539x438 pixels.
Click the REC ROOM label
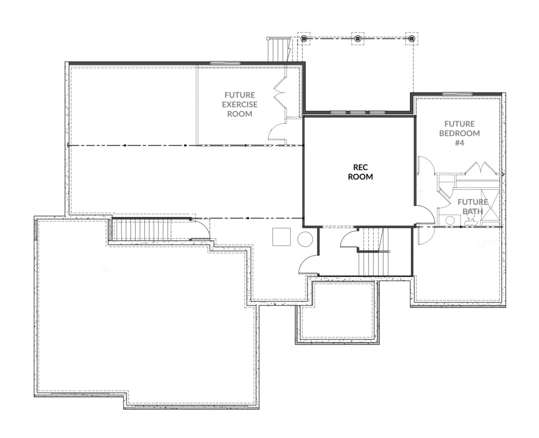(360, 172)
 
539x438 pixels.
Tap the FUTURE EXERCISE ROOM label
(240, 104)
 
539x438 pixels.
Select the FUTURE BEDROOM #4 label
(459, 133)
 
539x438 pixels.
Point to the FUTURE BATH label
(472, 207)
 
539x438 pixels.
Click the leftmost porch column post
(304, 39)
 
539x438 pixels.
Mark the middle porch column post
(357, 39)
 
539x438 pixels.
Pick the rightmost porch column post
(411, 39)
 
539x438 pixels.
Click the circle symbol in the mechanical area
(305, 239)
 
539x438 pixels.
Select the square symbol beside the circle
(281, 237)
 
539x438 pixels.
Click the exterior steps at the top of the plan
(278, 49)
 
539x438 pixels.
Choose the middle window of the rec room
(357, 112)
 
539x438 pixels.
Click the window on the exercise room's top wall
(225, 63)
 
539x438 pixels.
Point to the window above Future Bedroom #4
(457, 94)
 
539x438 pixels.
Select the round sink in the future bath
(449, 220)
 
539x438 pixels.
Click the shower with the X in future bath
(490, 208)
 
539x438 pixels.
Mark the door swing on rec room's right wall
(426, 215)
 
